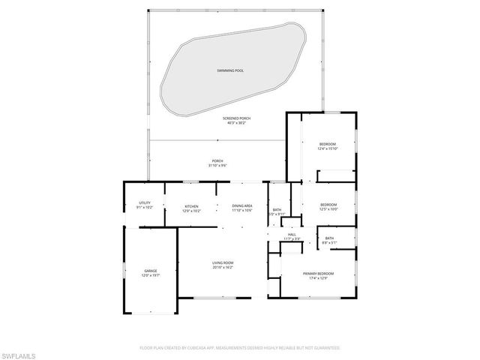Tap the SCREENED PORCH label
[x=235, y=118]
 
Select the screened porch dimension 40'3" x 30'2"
[x=235, y=123]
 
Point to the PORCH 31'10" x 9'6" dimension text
[x=217, y=165]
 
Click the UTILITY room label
[x=145, y=202]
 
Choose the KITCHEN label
[x=192, y=207]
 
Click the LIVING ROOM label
[x=223, y=262]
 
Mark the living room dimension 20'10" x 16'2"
[x=223, y=266]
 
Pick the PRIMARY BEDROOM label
[x=319, y=274]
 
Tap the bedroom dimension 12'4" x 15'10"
[x=328, y=148]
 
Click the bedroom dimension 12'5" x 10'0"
[x=328, y=209]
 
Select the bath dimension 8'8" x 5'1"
[x=330, y=242]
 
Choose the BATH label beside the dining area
[x=277, y=210]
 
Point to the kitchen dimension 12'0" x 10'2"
[x=192, y=211]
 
